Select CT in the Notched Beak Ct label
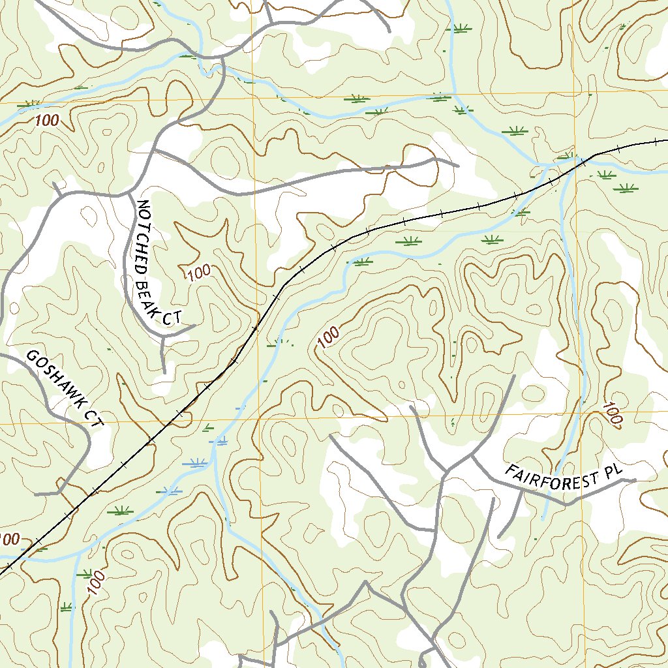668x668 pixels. point(171,318)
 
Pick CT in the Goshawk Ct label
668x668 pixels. point(95,419)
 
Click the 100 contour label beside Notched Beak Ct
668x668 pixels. point(198,272)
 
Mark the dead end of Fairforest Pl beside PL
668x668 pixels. point(635,481)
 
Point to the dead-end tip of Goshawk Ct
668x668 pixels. point(36,494)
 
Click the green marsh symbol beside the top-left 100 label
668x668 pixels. point(28,104)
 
